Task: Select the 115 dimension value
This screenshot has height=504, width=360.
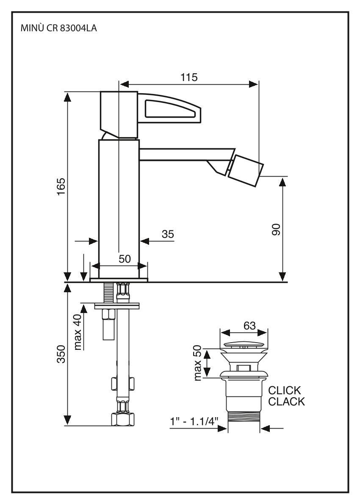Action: click(x=188, y=77)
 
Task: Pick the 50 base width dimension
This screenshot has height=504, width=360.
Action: click(x=124, y=259)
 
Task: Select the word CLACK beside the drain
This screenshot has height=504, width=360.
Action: click(x=286, y=402)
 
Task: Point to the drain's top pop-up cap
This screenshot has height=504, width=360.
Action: click(x=244, y=344)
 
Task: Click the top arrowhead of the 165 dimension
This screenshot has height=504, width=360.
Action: click(x=67, y=96)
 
